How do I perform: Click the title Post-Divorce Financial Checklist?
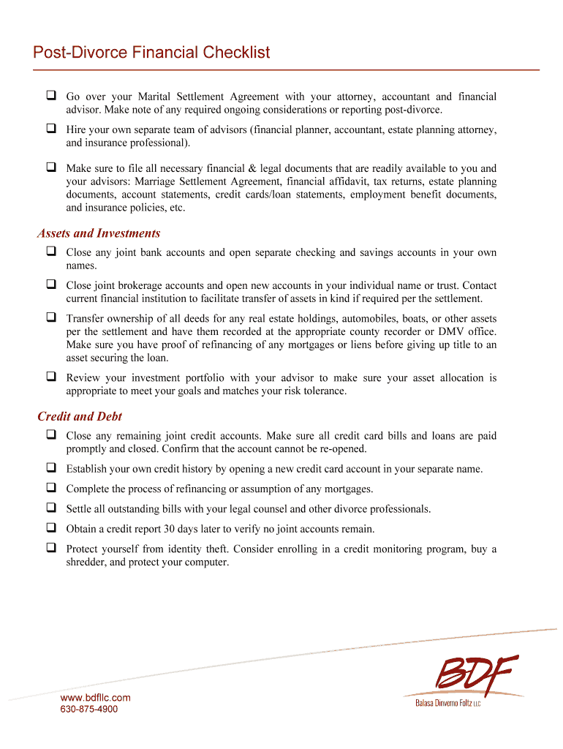(151, 53)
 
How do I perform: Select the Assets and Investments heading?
(99, 233)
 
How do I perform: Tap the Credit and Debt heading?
(80, 416)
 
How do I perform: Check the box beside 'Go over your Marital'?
(52, 96)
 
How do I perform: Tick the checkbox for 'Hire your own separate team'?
(52, 129)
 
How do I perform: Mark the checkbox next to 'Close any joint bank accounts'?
(52, 252)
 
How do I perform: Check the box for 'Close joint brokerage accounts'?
(52, 285)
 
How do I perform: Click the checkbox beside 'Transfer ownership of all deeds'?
(52, 317)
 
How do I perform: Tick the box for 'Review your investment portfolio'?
(52, 377)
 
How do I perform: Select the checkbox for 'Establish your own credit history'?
(52, 468)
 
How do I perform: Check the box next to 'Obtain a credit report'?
(52, 527)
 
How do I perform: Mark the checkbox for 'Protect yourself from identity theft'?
(52, 547)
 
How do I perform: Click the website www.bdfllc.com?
(95, 698)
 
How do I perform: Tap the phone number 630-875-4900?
(88, 710)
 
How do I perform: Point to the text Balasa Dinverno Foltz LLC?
(447, 703)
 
